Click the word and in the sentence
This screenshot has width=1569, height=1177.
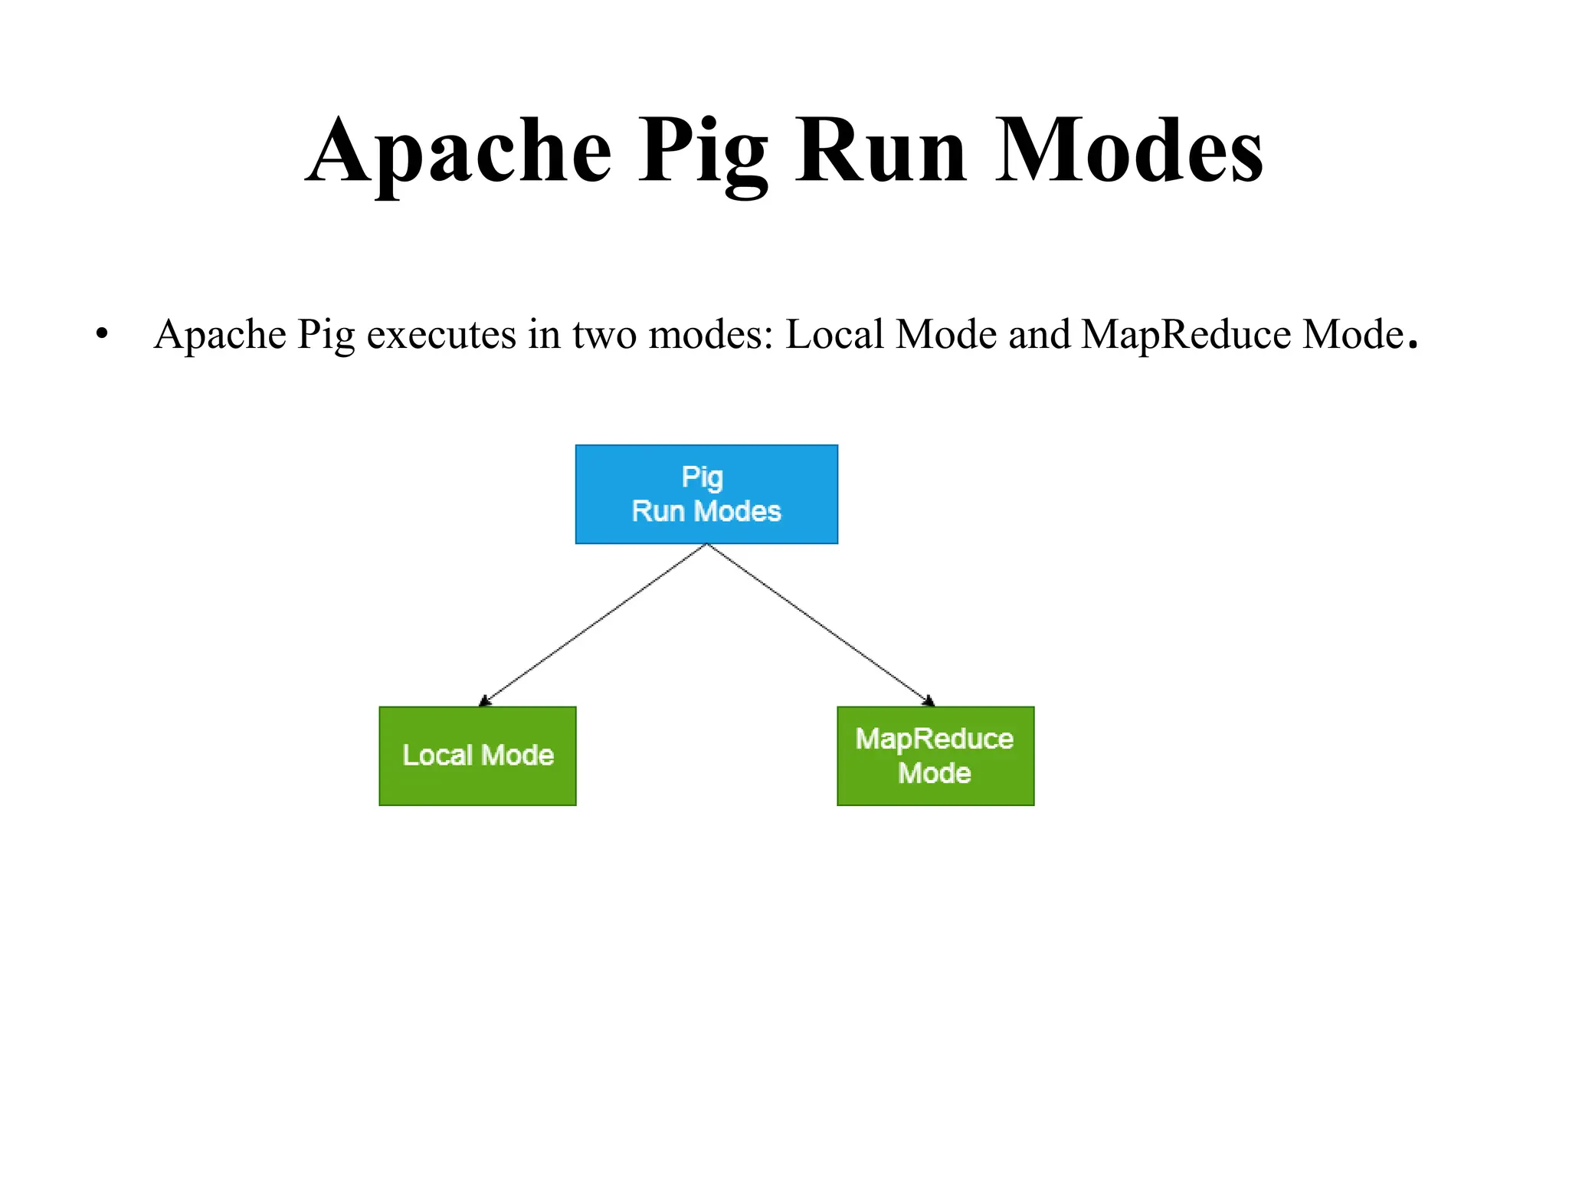click(x=1039, y=335)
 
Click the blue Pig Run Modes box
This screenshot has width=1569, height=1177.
click(x=706, y=494)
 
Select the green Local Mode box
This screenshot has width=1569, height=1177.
click(x=477, y=756)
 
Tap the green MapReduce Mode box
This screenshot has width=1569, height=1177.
click(x=935, y=756)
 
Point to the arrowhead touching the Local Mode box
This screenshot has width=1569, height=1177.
click(x=484, y=700)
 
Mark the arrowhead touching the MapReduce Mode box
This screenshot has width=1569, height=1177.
click(x=929, y=700)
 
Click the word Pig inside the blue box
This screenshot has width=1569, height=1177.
click(x=703, y=477)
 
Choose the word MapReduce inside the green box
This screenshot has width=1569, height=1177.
click(x=935, y=739)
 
